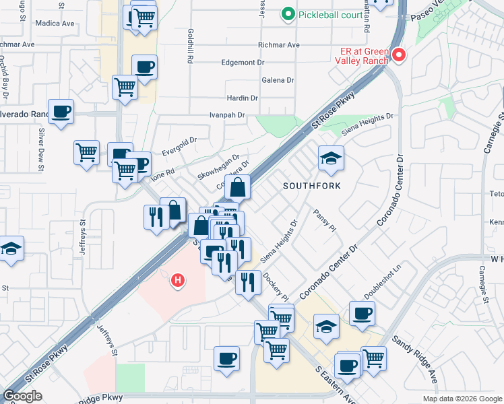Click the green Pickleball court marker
coord(288,13)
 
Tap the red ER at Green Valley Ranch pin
coord(398,55)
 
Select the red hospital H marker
coord(178,279)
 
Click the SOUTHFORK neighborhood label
coord(311,185)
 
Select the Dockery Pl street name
coord(276,285)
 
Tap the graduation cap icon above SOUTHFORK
coord(330,159)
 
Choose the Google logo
coord(22,397)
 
